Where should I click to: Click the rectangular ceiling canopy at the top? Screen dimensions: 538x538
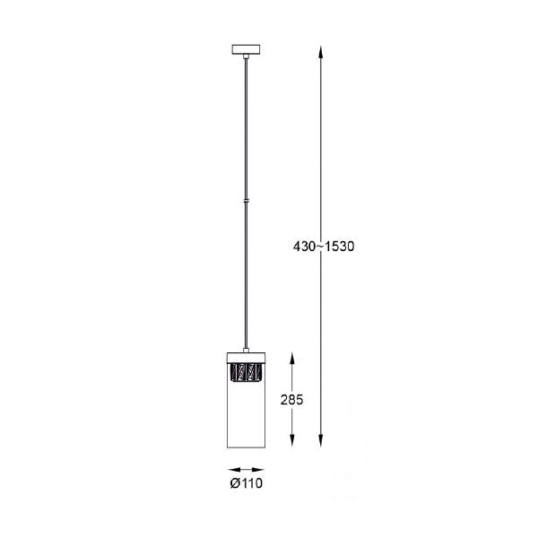click(x=247, y=48)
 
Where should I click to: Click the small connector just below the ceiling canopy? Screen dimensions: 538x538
click(x=247, y=56)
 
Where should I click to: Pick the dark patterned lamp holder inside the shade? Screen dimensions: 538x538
click(x=247, y=371)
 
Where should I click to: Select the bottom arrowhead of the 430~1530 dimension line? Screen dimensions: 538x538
click(x=320, y=442)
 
